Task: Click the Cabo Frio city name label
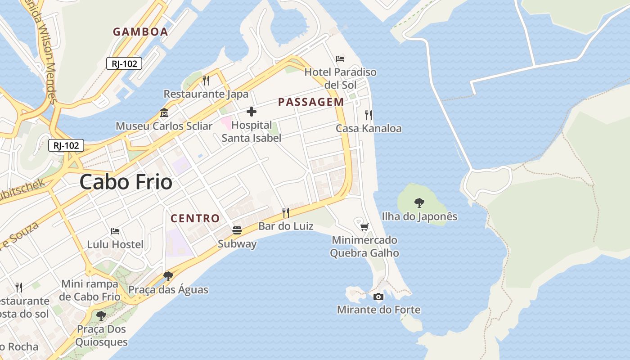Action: (126, 182)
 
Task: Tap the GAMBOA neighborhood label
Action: (140, 31)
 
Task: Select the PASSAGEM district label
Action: (311, 102)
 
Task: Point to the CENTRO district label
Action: (195, 219)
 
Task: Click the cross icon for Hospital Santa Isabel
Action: (252, 112)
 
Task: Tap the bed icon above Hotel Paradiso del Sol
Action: (340, 59)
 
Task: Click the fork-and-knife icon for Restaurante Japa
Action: (206, 81)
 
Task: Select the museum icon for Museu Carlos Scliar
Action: (164, 112)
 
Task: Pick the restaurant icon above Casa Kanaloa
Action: (369, 115)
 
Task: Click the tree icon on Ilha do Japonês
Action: (419, 203)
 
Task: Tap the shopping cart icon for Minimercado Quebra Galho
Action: (364, 227)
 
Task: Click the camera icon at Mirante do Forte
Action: (378, 297)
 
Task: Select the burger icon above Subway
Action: (237, 230)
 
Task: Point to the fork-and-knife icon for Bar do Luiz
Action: (286, 212)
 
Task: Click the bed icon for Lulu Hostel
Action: (115, 231)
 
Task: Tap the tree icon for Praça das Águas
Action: (168, 276)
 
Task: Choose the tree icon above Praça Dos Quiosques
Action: (101, 315)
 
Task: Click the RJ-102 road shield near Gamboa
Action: (124, 63)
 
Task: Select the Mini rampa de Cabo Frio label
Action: (90, 290)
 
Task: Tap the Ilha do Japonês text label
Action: (419, 216)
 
